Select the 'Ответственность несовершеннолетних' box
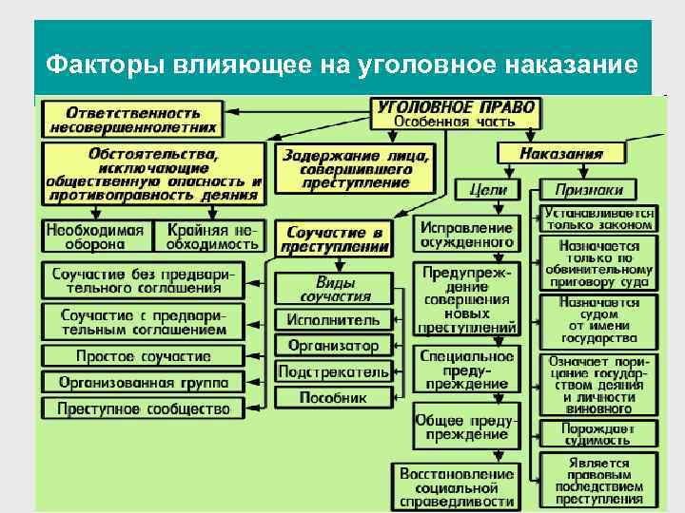133,118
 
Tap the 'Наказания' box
561,152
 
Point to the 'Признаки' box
597,189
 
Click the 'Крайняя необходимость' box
212,236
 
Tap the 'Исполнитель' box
333,320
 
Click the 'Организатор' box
333,346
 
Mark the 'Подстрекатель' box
333,371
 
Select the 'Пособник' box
333,397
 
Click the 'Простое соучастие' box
143,356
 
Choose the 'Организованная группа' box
143,382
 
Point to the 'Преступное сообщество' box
143,408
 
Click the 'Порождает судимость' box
597,434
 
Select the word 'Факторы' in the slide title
106,65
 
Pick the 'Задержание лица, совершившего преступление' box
354,168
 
